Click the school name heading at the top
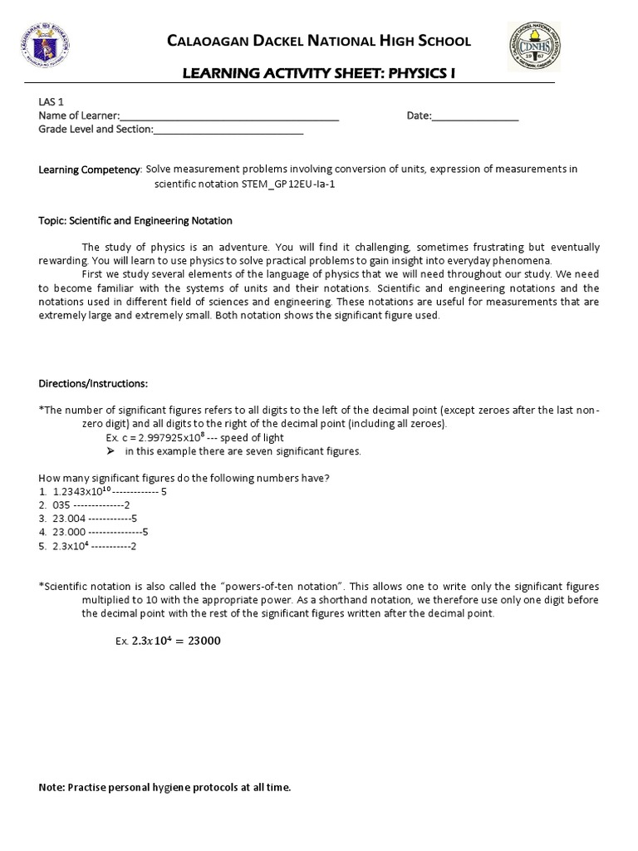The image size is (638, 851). (319, 41)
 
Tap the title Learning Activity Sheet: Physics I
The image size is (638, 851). (319, 76)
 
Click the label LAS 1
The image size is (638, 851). (51, 101)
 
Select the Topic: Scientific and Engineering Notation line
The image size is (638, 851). (135, 221)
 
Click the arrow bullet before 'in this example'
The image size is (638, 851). (110, 451)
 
